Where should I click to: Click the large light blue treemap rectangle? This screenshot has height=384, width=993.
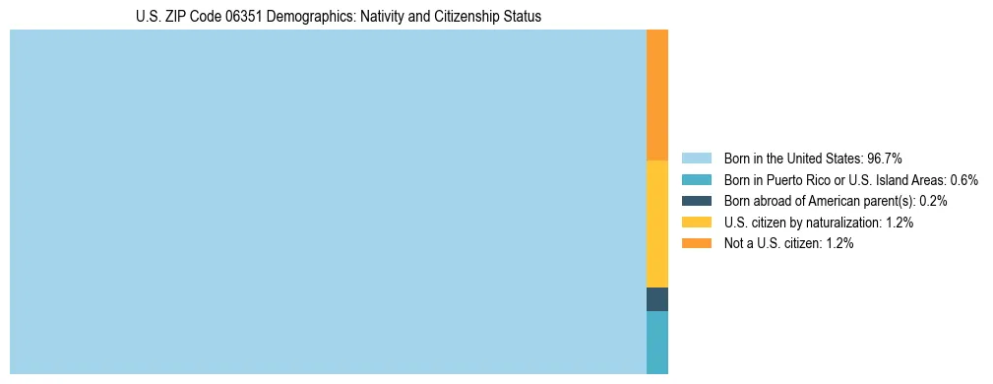click(328, 202)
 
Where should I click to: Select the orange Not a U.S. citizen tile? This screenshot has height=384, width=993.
click(657, 95)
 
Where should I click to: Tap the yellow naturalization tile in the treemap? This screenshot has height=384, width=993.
click(657, 224)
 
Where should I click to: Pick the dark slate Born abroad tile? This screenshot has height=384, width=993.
click(657, 299)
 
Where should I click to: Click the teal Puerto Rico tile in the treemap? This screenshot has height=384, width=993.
click(657, 343)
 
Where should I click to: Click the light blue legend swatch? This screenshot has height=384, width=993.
click(696, 158)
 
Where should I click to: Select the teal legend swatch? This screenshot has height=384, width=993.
click(696, 179)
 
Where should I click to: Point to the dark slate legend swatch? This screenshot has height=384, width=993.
click(696, 201)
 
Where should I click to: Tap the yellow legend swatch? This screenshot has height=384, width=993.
click(696, 223)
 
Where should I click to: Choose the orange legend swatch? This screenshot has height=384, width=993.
click(696, 244)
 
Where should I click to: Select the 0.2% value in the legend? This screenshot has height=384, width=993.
click(934, 201)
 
